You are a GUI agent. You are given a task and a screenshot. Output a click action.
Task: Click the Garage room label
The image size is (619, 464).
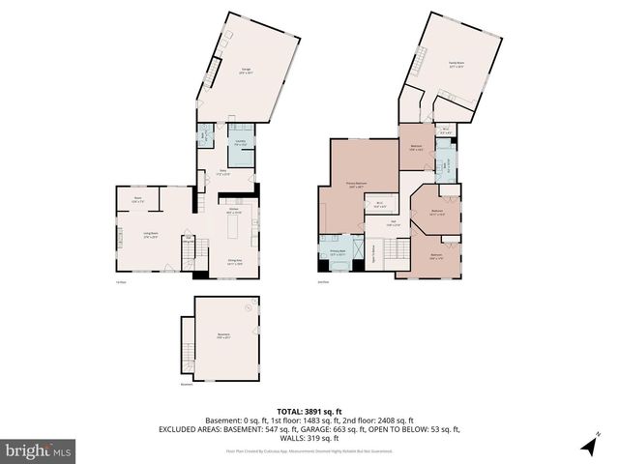247,70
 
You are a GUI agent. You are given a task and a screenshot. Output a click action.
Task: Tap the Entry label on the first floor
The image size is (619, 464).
222,172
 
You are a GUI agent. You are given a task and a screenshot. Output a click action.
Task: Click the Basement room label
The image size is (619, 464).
222,337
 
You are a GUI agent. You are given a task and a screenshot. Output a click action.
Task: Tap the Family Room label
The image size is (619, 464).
456,64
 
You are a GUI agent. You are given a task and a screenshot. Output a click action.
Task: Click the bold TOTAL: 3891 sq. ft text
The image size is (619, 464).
309,410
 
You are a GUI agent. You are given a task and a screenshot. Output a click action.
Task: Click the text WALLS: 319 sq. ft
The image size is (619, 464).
309,437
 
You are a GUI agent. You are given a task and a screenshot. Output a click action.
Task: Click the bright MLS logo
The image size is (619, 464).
38,450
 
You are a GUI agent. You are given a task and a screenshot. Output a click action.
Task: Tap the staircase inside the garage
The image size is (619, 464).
211,72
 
